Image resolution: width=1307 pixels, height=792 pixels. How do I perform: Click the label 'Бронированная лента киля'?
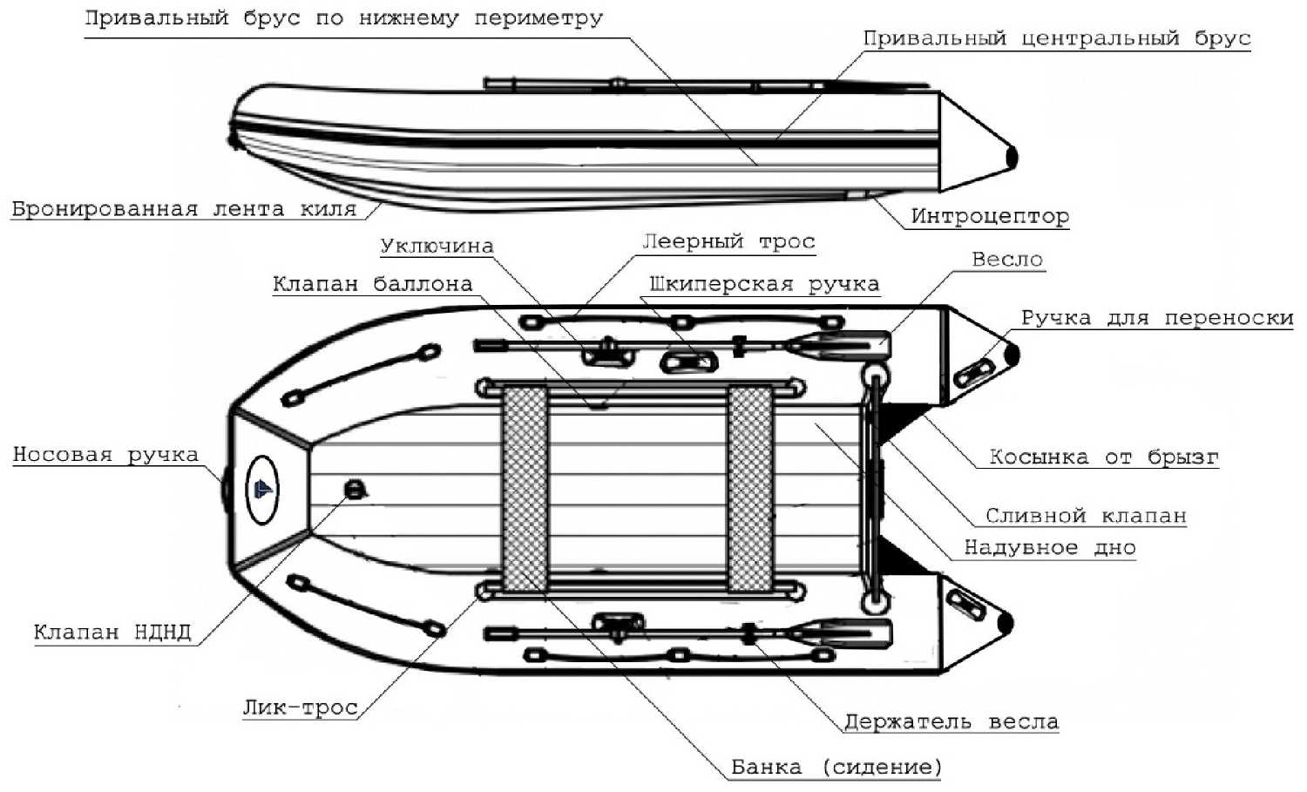tap(184, 209)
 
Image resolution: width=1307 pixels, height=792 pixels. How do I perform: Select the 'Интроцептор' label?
tap(990, 216)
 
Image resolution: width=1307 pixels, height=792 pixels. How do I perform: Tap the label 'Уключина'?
tap(437, 247)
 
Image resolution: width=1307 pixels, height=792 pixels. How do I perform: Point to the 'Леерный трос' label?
tap(728, 241)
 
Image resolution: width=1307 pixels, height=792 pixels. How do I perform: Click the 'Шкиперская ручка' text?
tap(764, 285)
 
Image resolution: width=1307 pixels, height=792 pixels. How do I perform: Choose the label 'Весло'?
tap(1006, 260)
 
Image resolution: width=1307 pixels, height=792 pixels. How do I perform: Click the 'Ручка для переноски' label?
tap(1156, 318)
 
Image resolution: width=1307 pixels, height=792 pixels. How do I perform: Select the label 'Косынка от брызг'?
tap(1103, 457)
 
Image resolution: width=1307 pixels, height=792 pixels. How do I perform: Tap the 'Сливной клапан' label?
tap(1086, 516)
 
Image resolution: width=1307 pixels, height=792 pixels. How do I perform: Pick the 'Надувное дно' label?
tap(1049, 548)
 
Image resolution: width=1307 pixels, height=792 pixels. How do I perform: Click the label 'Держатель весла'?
tap(951, 722)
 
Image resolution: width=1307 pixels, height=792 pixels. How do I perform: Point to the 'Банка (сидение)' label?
tap(836, 768)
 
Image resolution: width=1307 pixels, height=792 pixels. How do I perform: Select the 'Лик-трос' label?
tap(300, 707)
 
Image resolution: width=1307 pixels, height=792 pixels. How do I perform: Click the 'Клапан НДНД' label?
tap(112, 633)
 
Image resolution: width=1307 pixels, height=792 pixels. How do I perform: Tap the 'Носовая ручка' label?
tap(105, 455)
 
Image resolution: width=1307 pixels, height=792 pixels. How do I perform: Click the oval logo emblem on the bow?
tap(262, 490)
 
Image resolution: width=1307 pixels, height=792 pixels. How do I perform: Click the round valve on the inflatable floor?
tap(353, 489)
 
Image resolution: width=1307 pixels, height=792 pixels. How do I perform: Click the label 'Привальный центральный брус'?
tap(1056, 38)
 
